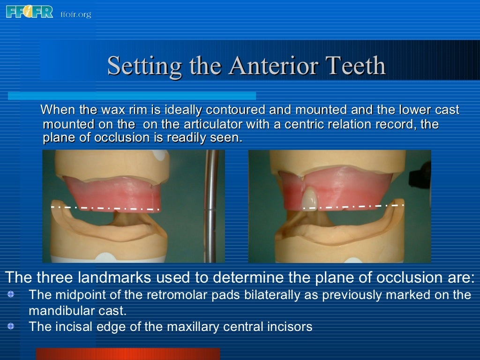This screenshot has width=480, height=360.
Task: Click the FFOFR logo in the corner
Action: [30, 12]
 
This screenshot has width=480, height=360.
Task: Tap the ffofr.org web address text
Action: [75, 15]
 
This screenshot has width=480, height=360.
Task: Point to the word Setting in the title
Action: [144, 66]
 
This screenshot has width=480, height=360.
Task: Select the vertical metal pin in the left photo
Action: [211, 206]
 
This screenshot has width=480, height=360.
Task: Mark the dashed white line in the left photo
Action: [105, 208]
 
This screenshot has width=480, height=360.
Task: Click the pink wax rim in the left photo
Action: [110, 192]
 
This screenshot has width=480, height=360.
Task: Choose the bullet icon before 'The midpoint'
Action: [11, 295]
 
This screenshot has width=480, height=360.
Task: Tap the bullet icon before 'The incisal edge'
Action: [11, 326]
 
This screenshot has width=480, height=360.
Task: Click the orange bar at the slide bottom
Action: [127, 354]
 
